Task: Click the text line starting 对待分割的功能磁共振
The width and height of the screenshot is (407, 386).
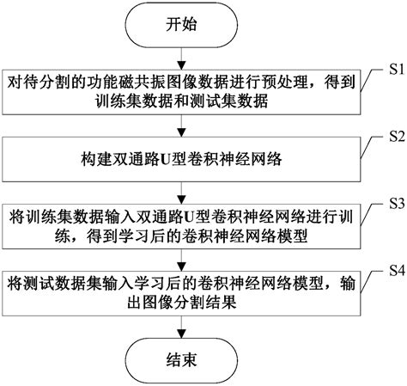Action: [176, 83]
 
